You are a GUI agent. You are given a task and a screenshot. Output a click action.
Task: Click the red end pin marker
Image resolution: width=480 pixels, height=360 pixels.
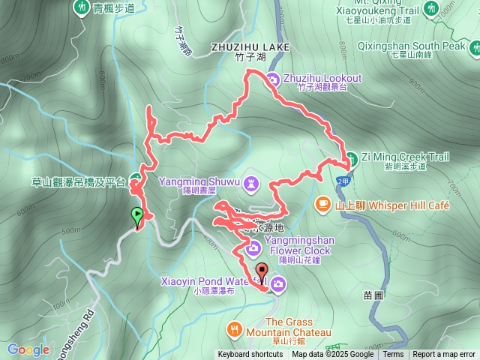[261, 271]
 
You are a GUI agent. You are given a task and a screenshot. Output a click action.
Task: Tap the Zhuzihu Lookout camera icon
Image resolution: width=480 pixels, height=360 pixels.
[274, 79]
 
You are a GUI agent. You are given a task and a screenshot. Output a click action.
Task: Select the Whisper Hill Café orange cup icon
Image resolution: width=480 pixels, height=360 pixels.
[322, 203]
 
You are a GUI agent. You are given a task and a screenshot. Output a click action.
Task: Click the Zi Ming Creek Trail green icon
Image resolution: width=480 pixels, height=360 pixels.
[350, 157]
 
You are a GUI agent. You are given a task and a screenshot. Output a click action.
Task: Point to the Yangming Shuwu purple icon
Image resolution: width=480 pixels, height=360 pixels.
[252, 181]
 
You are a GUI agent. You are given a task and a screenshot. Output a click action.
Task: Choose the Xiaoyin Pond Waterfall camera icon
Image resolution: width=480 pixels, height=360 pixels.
[277, 283]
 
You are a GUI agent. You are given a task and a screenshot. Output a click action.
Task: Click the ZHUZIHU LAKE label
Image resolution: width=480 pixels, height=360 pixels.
[250, 46]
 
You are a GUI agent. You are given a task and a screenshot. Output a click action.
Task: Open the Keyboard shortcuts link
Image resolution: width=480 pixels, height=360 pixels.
[250, 355]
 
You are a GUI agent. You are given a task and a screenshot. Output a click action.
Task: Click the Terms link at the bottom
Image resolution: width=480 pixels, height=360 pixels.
[393, 355]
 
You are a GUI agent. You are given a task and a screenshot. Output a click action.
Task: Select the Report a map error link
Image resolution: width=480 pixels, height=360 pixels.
[445, 355]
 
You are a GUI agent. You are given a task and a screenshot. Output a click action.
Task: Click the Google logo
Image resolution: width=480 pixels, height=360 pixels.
[28, 349]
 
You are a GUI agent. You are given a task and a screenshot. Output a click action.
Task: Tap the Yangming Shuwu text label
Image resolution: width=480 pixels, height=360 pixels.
[199, 181]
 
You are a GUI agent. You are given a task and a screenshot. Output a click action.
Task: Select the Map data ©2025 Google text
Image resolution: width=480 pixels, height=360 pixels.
[333, 355]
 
